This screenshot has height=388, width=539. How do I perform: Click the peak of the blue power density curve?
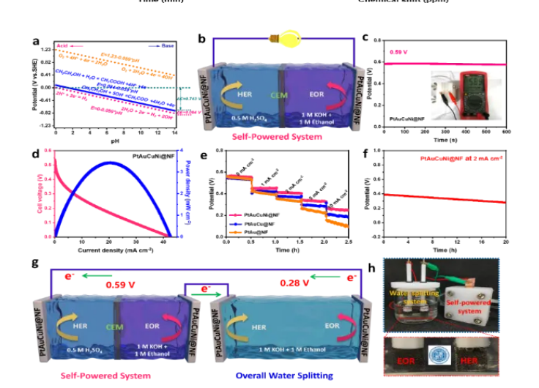(109, 163)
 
